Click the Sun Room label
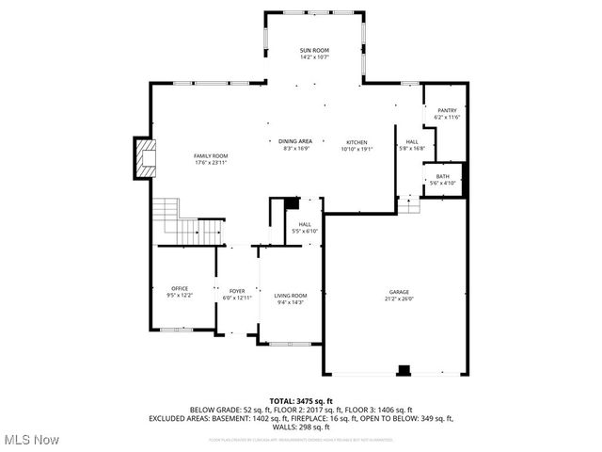313,49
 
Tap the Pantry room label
446,110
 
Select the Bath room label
442,176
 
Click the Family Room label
211,155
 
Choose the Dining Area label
296,141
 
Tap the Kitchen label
356,141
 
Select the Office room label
180,288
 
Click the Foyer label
237,291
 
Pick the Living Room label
291,296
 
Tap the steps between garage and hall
408,203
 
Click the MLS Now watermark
30,440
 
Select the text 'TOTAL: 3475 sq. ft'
301,401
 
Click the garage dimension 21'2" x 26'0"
400,299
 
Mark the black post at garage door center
404,370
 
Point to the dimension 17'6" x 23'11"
211,162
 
